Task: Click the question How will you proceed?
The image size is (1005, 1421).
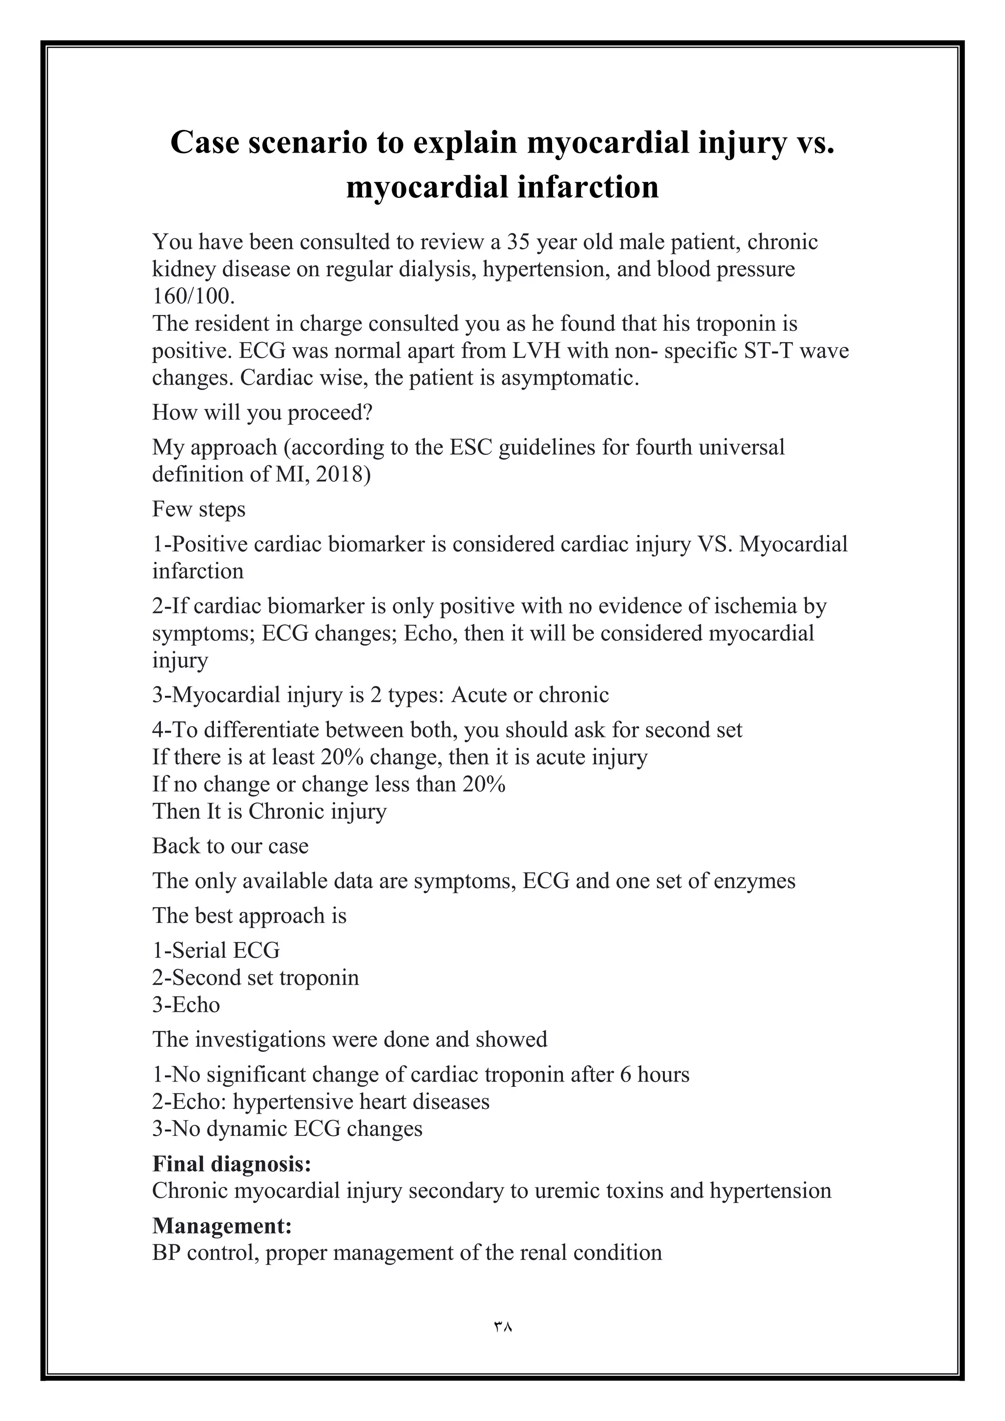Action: [x=263, y=412]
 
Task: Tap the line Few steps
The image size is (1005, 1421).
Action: [x=199, y=509]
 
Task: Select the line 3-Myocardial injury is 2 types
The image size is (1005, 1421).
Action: [x=380, y=694]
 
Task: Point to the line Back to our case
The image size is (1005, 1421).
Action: [x=230, y=845]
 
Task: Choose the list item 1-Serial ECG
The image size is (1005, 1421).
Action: [x=216, y=950]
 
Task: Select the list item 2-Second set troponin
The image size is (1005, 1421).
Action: [x=256, y=977]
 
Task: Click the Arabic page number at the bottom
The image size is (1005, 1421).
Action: [x=502, y=1327]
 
